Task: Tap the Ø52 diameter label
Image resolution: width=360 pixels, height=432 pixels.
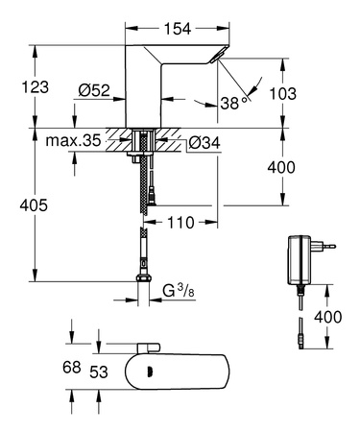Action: [93, 91]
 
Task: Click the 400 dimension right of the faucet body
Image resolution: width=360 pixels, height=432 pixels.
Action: [307, 167]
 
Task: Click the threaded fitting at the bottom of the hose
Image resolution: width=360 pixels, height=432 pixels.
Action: [143, 284]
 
